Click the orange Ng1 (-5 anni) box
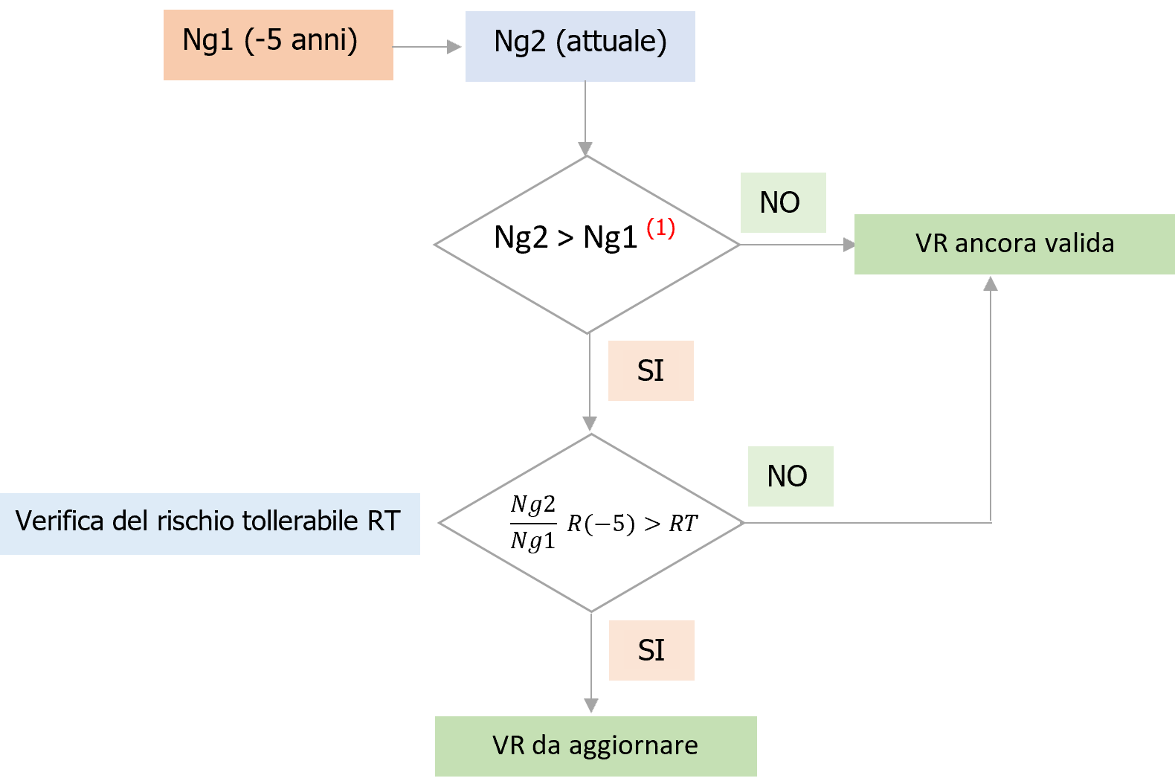(x=277, y=45)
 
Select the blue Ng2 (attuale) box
(x=580, y=46)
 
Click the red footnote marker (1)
(x=660, y=228)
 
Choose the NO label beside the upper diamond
(x=782, y=202)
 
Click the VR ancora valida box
(x=1014, y=244)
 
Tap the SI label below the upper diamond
(x=651, y=370)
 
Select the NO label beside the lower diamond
(x=790, y=476)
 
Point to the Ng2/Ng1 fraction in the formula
(x=533, y=523)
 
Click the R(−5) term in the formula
(x=601, y=524)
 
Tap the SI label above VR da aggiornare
(x=651, y=650)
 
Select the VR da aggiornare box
(x=595, y=746)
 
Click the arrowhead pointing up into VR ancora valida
(x=991, y=283)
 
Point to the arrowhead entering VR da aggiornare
(x=591, y=706)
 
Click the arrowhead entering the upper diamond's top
(x=586, y=149)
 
